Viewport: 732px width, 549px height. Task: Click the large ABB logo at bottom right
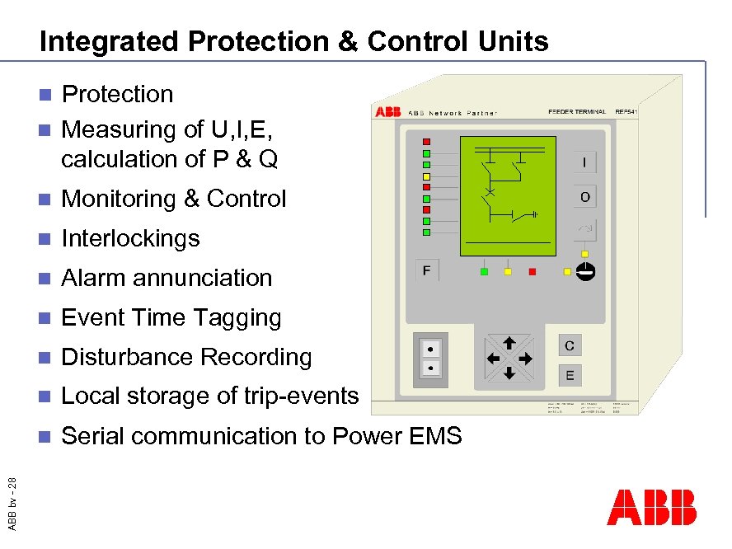tap(651, 508)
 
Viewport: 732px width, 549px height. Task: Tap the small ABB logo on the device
tap(387, 112)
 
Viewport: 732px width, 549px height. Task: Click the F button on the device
tap(427, 270)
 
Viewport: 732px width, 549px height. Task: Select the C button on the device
tap(570, 345)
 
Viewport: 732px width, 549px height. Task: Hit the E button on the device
tap(570, 376)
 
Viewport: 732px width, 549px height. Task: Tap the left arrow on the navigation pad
tap(493, 359)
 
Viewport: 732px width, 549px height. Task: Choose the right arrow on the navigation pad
tap(525, 359)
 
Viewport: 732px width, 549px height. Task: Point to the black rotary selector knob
tap(584, 271)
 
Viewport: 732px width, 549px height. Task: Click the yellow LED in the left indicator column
tap(426, 176)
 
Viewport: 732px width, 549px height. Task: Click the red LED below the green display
tap(532, 271)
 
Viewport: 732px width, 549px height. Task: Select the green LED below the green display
tap(485, 271)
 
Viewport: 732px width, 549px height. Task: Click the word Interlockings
tap(130, 238)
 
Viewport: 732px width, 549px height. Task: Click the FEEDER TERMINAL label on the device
tap(577, 111)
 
